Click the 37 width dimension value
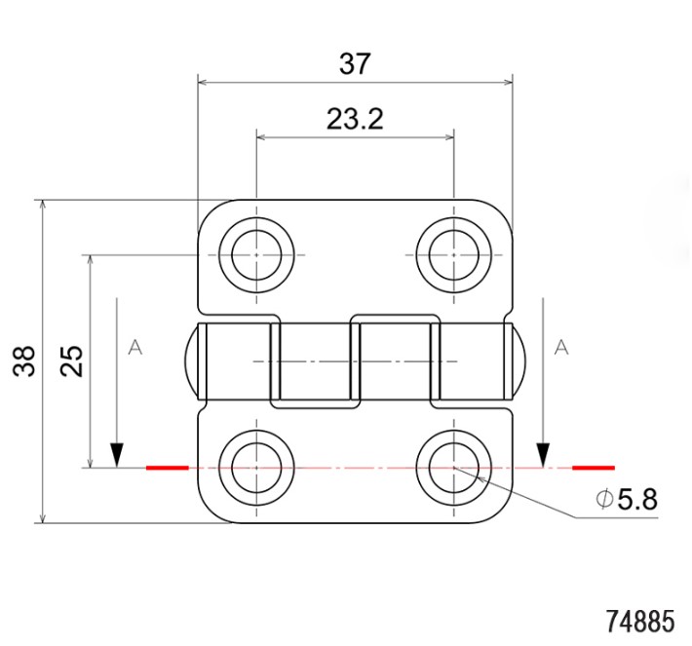pos(355,64)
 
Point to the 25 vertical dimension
pos(72,361)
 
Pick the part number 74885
pos(639,621)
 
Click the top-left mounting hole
pos(256,255)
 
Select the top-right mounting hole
pos(454,255)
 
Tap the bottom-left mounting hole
pos(256,468)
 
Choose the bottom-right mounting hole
pos(454,468)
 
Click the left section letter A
pos(135,347)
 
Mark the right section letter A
pos(560,347)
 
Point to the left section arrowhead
pos(117,454)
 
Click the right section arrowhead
pos(543,454)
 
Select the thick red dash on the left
pos(167,468)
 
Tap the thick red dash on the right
pos(593,468)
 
